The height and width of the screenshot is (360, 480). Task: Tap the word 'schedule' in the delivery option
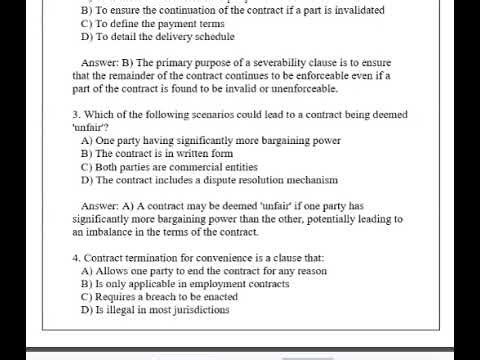(209, 37)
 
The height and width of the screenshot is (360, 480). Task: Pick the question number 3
(76, 114)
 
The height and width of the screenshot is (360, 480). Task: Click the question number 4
(76, 258)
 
